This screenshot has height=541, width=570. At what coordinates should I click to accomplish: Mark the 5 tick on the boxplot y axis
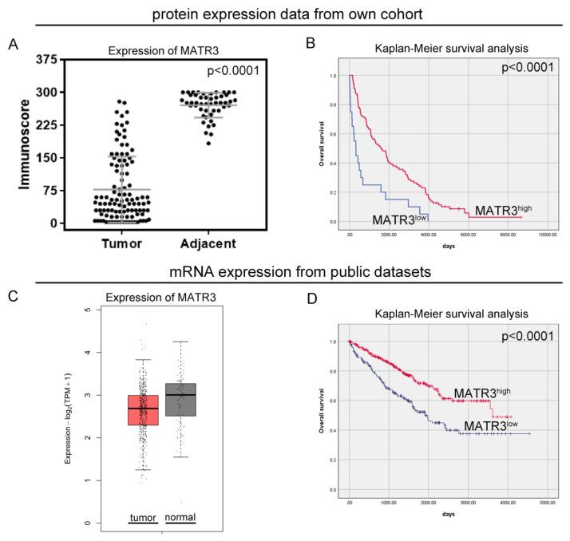pyautogui.click(x=98, y=310)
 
